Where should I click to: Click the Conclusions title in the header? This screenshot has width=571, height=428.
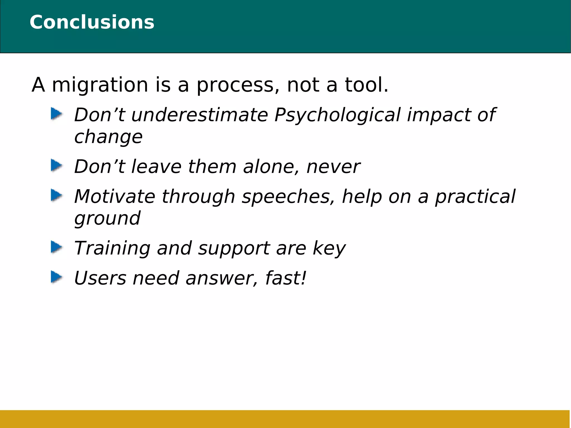click(92, 22)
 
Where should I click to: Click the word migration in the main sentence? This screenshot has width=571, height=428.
click(100, 85)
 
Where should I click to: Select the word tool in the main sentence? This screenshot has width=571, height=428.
click(366, 85)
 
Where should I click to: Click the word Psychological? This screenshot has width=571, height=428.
click(337, 115)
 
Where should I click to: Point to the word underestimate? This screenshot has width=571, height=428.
click(199, 115)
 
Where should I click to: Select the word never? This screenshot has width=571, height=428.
click(333, 167)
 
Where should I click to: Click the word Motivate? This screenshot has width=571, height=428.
click(114, 197)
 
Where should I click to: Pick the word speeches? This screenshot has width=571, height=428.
click(288, 197)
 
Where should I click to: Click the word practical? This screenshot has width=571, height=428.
click(475, 197)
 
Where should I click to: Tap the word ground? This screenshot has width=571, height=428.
click(107, 218)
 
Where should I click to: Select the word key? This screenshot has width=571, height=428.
click(329, 248)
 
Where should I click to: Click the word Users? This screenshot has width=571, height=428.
click(100, 278)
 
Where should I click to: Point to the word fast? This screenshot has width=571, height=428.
click(285, 278)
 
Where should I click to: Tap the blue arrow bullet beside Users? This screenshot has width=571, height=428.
click(56, 277)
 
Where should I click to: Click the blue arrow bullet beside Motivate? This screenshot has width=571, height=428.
click(56, 195)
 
